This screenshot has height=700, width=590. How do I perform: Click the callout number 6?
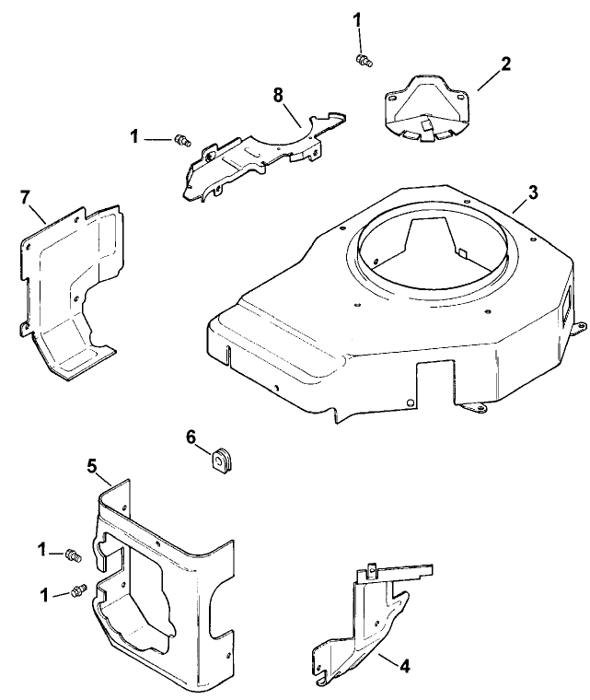[x=192, y=437]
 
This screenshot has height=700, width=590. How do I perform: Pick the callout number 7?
[x=26, y=197]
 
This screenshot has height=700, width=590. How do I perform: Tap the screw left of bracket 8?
[x=182, y=140]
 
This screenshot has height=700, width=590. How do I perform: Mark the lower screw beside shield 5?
[x=78, y=589]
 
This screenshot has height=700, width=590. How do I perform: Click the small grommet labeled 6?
[x=222, y=457]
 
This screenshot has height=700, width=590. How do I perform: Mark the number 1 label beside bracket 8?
[x=135, y=136]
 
